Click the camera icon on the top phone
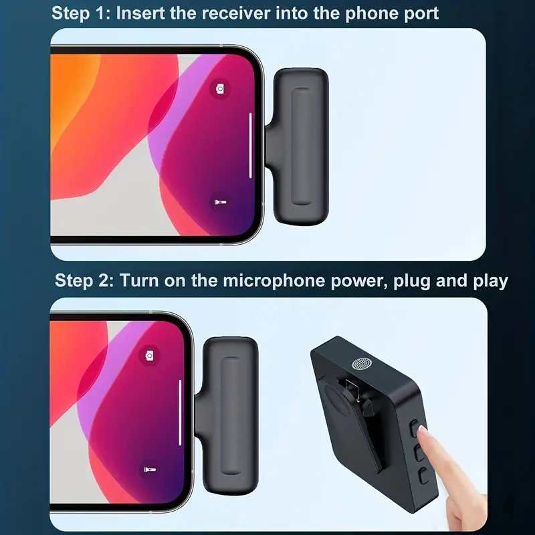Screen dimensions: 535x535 [219, 88]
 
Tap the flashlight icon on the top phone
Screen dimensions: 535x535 [219, 201]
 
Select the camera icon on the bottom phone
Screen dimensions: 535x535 [149, 355]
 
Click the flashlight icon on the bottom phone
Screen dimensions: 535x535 [149, 470]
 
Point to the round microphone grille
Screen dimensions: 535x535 [362, 366]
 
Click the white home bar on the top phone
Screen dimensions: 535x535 [251, 145]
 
